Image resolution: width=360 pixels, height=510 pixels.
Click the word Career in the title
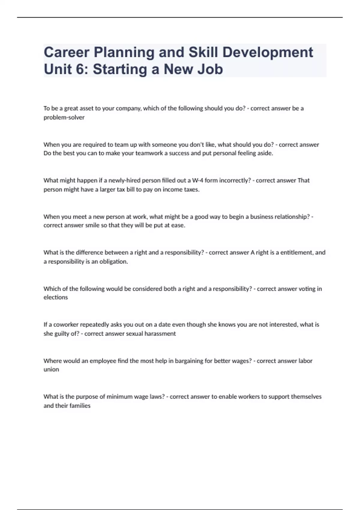click(x=66, y=52)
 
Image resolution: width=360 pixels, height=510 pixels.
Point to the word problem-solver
click(x=64, y=118)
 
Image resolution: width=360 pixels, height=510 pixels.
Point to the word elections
click(x=56, y=297)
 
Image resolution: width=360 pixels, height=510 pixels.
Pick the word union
click(x=51, y=370)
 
